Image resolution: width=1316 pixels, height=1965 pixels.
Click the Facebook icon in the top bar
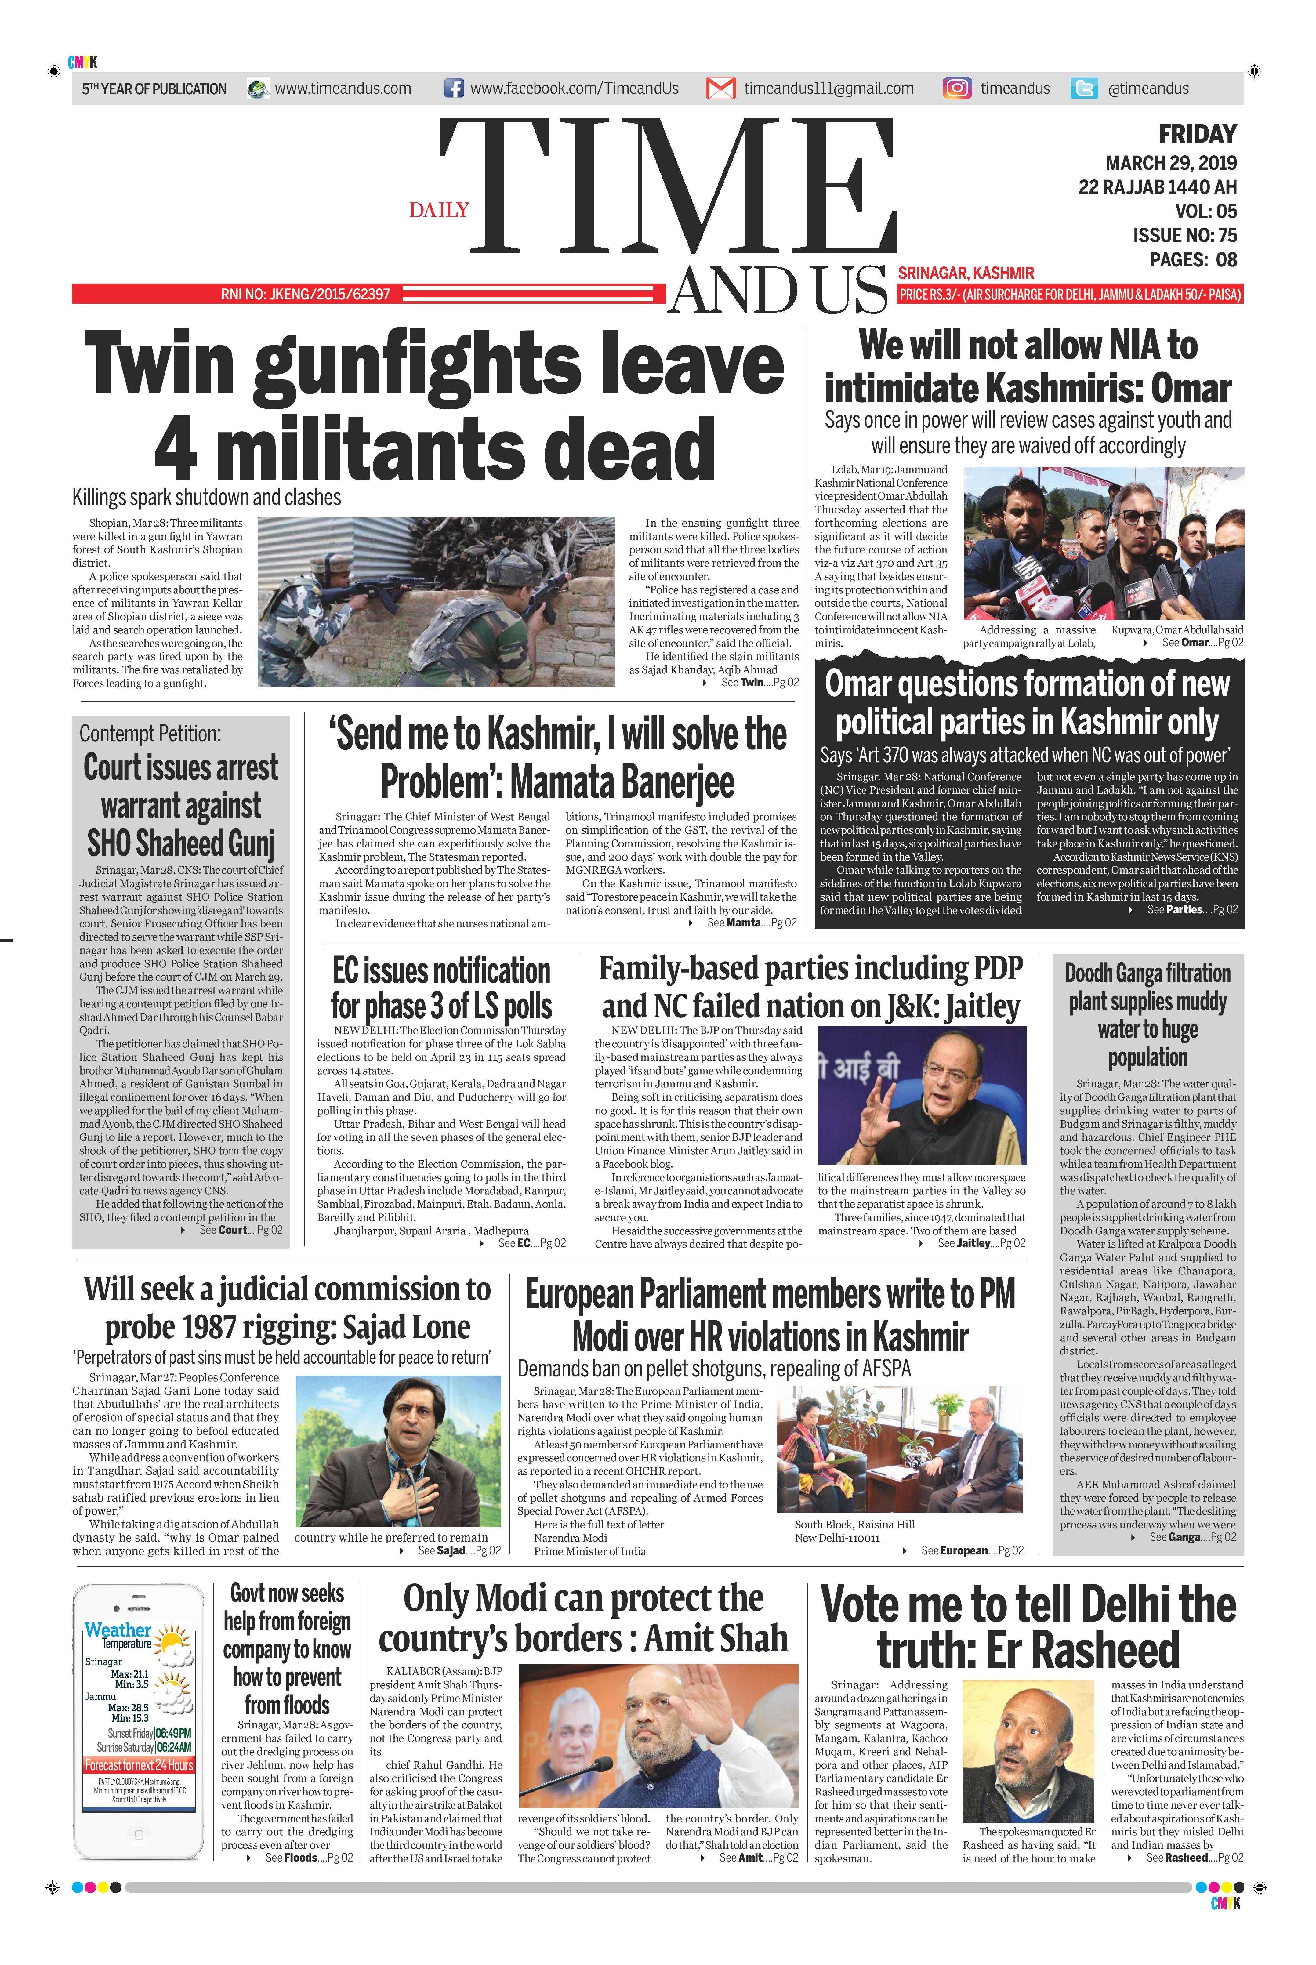tap(453, 88)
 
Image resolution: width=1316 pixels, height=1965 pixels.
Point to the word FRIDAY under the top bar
tap(1197, 134)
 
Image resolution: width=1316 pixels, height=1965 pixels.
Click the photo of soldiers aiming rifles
tap(437, 602)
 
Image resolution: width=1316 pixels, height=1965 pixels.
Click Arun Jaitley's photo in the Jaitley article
tap(922, 1096)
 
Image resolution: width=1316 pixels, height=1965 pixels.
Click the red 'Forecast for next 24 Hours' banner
tap(139, 1765)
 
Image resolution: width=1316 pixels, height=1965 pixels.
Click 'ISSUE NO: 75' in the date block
tap(1184, 236)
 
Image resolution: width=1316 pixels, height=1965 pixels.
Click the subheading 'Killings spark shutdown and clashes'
tap(206, 498)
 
